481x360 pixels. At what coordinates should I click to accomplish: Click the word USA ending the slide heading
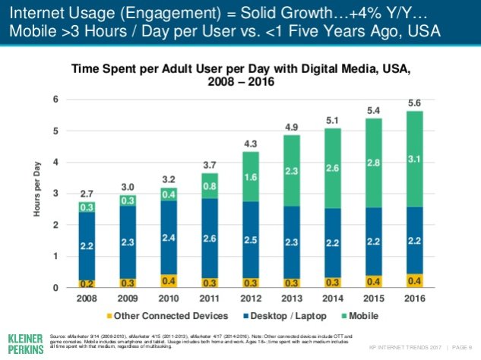(454, 34)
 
